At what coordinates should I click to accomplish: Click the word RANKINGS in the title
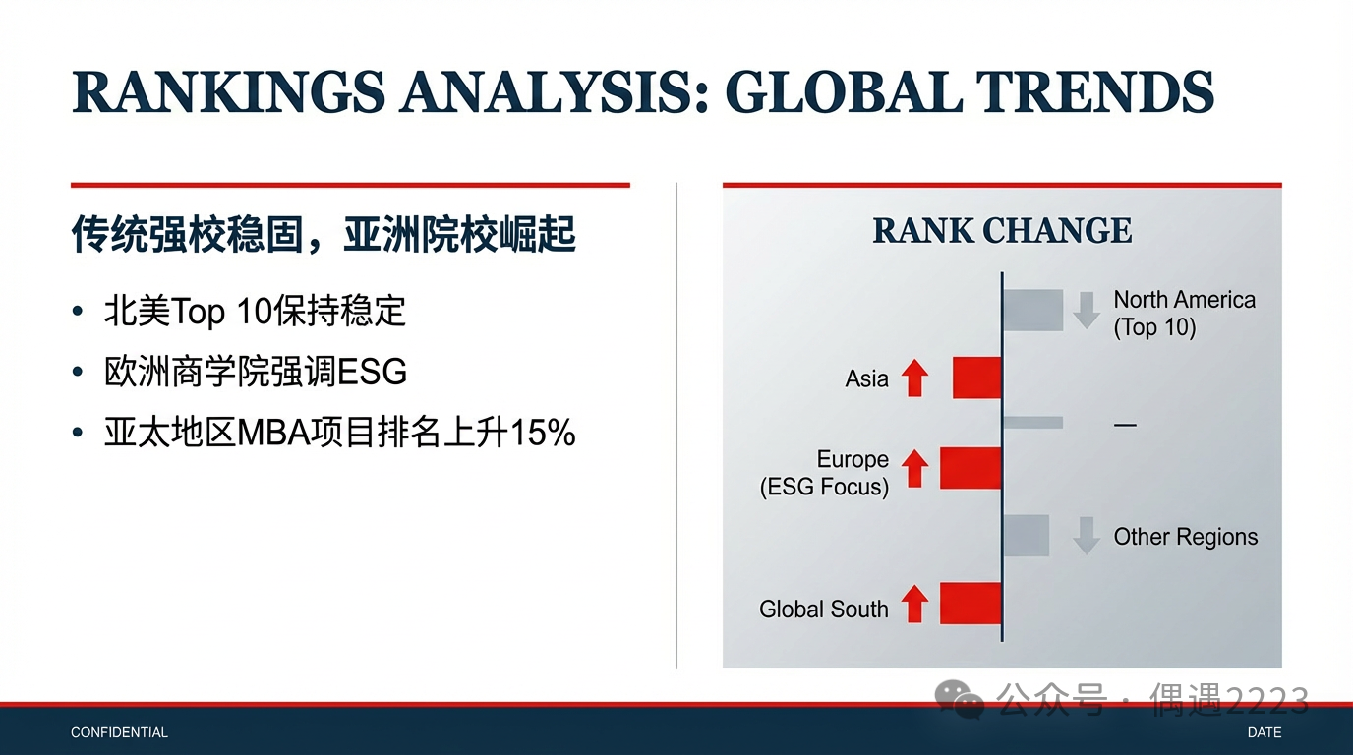click(x=228, y=92)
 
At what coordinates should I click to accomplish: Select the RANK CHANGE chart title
click(x=1002, y=230)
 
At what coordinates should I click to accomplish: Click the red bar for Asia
click(x=976, y=377)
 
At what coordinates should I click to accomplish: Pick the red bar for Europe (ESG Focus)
click(x=971, y=468)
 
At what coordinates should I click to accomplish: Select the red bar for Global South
click(x=971, y=604)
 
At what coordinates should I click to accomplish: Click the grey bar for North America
click(x=1033, y=310)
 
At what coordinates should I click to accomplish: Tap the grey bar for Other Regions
click(x=1027, y=536)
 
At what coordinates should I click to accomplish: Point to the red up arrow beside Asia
click(x=914, y=377)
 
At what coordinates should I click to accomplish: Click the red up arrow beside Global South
click(x=914, y=604)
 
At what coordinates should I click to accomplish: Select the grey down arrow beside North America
click(x=1086, y=311)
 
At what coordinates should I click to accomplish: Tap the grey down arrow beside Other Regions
click(x=1086, y=536)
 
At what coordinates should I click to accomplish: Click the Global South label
click(x=824, y=609)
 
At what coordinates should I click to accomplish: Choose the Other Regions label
click(x=1186, y=537)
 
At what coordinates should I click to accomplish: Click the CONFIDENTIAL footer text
click(x=119, y=732)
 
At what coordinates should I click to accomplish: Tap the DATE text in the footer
click(x=1265, y=732)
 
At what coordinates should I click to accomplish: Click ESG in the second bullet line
click(x=372, y=372)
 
